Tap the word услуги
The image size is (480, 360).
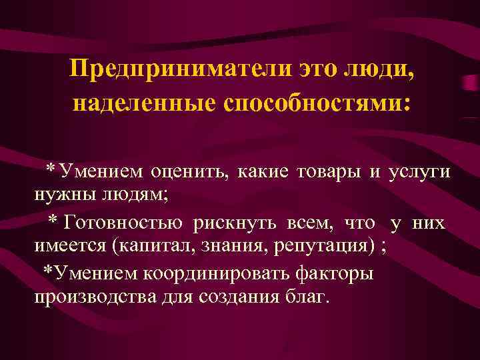[420, 172]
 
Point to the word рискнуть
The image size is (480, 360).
[238, 223]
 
